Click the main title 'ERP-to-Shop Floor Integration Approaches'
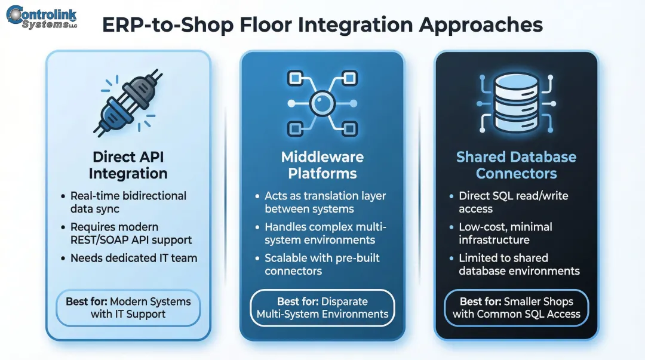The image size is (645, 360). [322, 24]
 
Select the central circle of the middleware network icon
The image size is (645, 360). [322, 103]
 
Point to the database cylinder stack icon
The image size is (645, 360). [516, 101]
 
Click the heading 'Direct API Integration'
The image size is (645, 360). [128, 165]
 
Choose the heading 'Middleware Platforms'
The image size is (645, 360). [322, 165]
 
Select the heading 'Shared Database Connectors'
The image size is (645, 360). [516, 165]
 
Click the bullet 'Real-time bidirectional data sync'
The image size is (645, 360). [128, 202]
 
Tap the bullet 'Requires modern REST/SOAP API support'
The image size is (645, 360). [131, 233]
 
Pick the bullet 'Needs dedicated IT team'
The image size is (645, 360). [133, 259]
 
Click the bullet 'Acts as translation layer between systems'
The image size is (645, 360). [325, 202]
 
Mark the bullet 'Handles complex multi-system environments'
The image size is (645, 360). [325, 233]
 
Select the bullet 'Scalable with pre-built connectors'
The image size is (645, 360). [322, 264]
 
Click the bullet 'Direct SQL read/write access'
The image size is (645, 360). [513, 202]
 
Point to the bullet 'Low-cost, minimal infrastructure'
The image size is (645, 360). [505, 233]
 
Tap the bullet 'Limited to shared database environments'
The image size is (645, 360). [518, 264]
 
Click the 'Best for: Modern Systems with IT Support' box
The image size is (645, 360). [128, 307]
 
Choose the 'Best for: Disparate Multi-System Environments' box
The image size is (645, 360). [322, 307]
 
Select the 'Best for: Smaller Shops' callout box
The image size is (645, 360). [516, 307]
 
